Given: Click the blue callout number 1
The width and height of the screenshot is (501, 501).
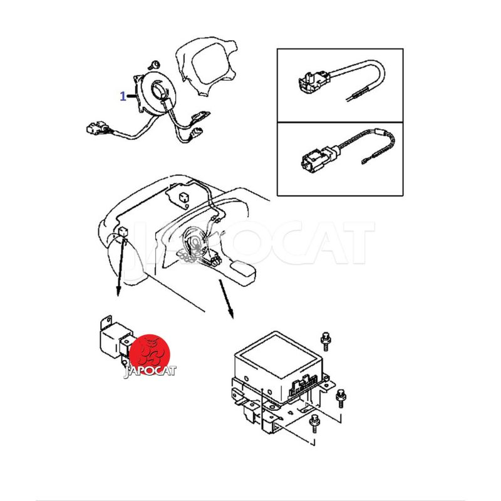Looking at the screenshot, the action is (123, 96).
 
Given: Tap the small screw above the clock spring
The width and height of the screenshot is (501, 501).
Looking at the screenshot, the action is (155, 65).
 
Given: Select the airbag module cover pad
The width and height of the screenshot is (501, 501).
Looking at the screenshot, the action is (208, 66).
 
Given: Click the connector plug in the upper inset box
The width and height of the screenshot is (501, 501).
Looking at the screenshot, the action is (309, 82).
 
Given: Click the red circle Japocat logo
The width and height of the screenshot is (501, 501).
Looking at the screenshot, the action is (150, 354).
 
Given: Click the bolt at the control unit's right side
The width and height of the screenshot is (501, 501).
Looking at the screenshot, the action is (341, 398).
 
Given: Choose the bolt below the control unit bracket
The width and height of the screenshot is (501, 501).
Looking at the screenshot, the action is (314, 423).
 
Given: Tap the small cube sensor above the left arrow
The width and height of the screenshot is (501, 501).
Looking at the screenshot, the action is (123, 231).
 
